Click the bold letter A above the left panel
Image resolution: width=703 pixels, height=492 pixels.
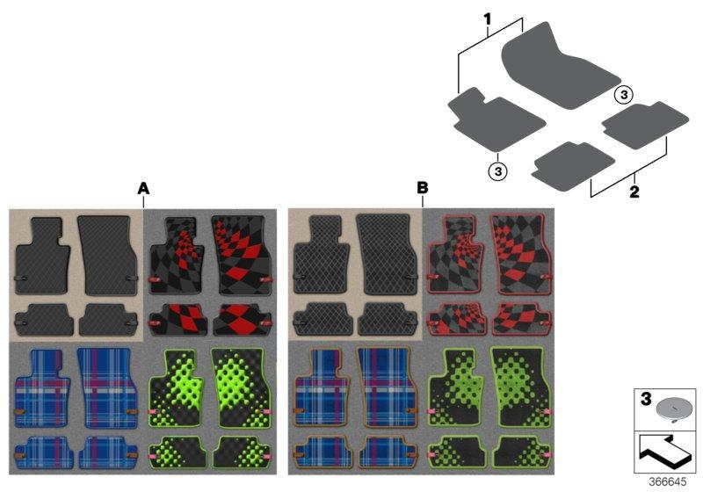143,188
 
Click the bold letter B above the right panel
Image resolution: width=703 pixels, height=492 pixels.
423,188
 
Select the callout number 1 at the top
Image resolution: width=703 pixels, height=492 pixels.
488,19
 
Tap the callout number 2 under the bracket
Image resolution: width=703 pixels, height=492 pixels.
634,192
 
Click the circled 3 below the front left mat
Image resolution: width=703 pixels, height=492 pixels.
497,170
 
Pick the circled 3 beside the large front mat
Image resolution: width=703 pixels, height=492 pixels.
623,95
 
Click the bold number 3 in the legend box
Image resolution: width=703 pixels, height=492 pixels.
646,398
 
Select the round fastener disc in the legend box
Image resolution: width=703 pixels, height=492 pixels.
670,409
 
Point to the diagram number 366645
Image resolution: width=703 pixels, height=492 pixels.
667,481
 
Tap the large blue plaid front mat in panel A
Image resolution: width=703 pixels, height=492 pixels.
106,387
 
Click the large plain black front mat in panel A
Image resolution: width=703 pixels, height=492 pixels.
106,256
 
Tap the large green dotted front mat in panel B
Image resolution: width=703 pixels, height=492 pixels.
520,387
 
